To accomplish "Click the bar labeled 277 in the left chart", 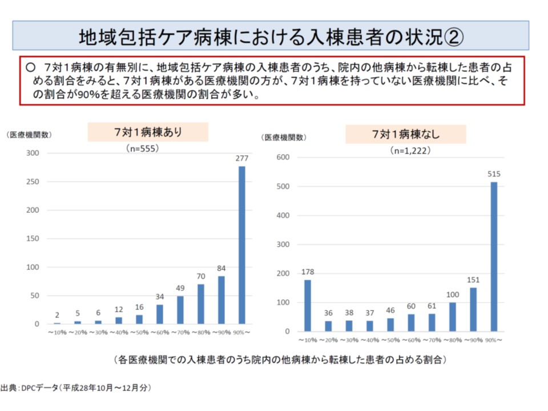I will (242, 245).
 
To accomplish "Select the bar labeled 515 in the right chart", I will (494, 257).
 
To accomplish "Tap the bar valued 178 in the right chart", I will (308, 305).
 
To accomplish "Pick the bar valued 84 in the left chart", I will (221, 300).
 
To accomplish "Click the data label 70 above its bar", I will (200, 277).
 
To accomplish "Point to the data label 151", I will (473, 280).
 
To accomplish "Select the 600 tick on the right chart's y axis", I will (283, 158).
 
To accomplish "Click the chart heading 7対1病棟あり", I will (148, 132).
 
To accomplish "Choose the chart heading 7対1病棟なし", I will (405, 134).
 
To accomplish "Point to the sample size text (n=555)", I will (142, 148).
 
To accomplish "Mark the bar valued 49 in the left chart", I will (180, 310).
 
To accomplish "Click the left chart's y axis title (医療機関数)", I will (29, 135).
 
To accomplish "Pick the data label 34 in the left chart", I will (160, 297).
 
